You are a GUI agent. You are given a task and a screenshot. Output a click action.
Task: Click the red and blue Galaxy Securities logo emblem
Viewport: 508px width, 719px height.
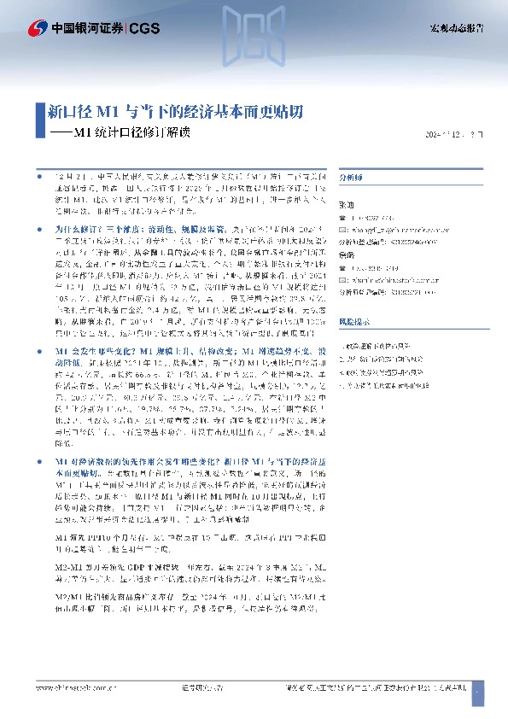coord(38,28)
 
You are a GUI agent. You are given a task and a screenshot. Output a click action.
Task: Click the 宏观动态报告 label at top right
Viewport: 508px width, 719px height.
coord(456,28)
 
